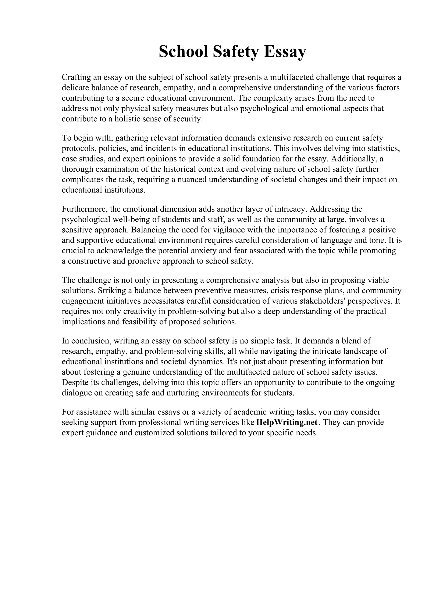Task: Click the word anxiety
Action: click(x=197, y=251)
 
